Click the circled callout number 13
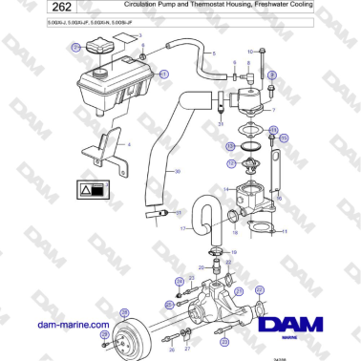coord(230,146)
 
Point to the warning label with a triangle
coord(98,190)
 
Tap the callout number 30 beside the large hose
coord(175,172)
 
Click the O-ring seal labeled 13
coord(250,148)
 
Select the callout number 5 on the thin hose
coord(214,53)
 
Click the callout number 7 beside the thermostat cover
coord(273,111)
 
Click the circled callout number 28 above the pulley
coord(122,312)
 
